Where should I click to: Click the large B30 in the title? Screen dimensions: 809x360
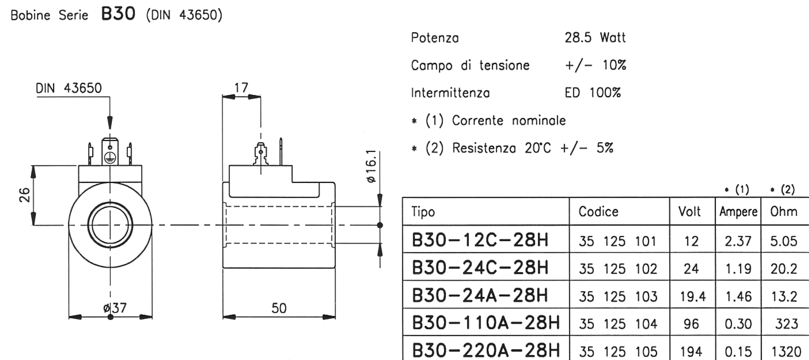(118, 14)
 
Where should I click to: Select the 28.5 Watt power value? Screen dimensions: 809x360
(595, 38)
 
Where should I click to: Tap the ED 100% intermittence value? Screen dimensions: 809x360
(592, 93)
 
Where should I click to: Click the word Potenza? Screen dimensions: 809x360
(435, 38)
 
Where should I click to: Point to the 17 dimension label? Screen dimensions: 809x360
(241, 88)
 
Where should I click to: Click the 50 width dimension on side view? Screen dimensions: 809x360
(279, 308)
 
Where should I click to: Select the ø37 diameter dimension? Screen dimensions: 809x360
(115, 308)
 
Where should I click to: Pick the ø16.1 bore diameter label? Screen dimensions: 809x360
(371, 166)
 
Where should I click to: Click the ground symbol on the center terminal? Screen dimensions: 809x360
(110, 157)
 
